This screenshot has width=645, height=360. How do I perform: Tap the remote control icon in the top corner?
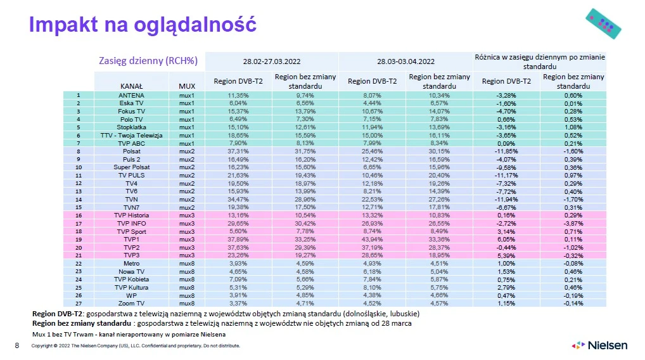pyautogui.click(x=602, y=23)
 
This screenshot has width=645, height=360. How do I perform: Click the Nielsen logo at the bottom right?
pyautogui.click(x=599, y=345)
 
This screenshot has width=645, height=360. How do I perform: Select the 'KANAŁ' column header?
pyautogui.click(x=131, y=85)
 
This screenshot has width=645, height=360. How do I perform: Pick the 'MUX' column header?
pyautogui.click(x=186, y=85)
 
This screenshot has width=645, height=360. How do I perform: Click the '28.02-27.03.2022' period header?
pyautogui.click(x=272, y=61)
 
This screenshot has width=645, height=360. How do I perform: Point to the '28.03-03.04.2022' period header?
pyautogui.click(x=406, y=61)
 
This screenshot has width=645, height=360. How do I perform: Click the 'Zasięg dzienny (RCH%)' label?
pyautogui.click(x=148, y=61)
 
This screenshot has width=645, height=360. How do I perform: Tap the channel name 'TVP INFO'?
pyautogui.click(x=131, y=224)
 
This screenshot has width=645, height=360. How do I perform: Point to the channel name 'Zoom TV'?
pyautogui.click(x=131, y=303)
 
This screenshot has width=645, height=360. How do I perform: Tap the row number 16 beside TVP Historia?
pyautogui.click(x=79, y=215)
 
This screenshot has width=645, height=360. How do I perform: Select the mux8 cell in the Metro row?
pyautogui.click(x=186, y=264)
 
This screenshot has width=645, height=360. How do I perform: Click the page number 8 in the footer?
pyautogui.click(x=17, y=346)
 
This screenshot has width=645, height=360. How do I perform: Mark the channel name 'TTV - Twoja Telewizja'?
pyautogui.click(x=131, y=136)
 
